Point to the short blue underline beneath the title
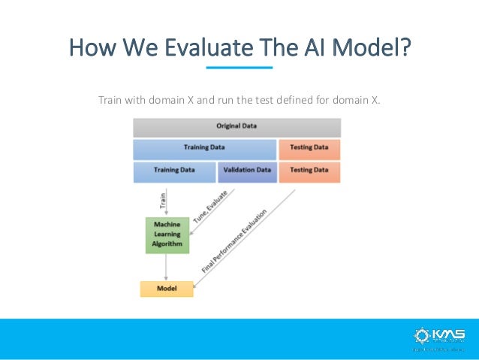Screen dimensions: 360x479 tap(239, 68)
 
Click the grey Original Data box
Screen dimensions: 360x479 tap(236, 126)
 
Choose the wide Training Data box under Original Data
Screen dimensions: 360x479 tap(204, 148)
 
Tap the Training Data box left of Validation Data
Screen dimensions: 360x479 tap(174, 171)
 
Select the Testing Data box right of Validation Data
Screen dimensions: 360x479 tap(309, 171)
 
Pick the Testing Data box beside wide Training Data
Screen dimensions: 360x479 tap(309, 148)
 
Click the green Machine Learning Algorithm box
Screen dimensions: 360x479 tap(166, 234)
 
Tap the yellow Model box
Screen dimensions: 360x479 tap(166, 288)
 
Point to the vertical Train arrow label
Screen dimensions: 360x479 tap(162, 200)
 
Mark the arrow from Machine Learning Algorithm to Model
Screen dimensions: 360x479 tap(166, 266)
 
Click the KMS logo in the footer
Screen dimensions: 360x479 tap(438, 335)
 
